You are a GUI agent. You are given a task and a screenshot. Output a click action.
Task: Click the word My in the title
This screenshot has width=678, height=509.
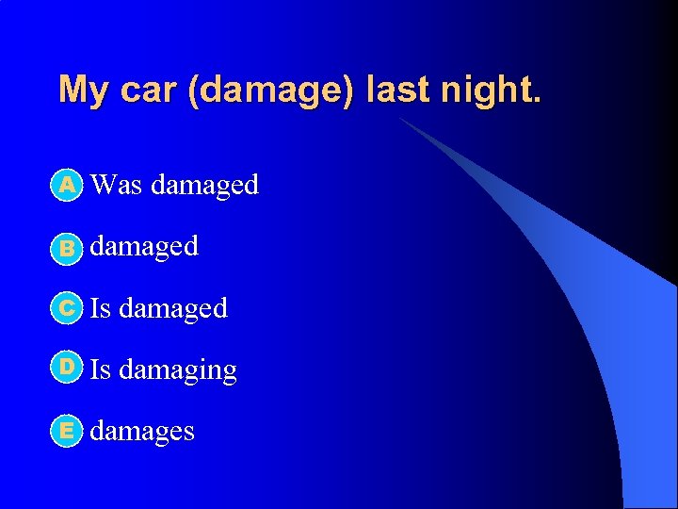[x=81, y=90]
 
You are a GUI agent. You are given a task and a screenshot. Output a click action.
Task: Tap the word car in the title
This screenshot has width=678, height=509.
[x=144, y=90]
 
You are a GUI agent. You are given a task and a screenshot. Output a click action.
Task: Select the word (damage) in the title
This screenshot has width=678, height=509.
[x=269, y=90]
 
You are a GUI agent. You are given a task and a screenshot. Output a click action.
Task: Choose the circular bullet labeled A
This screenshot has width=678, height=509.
[x=67, y=186]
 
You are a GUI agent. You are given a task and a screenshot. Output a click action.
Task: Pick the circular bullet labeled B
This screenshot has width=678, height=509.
[x=67, y=248]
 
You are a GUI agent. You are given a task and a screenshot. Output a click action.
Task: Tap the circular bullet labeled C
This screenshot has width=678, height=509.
[x=67, y=308]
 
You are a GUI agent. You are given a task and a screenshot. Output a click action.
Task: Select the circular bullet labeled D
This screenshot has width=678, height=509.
[x=67, y=369]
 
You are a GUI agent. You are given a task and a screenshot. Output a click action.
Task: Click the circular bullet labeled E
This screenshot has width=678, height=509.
[x=67, y=431]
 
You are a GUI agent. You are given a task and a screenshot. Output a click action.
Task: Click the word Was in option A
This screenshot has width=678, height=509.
[x=117, y=185]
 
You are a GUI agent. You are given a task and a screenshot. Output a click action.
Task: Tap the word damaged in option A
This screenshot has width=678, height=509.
[x=204, y=185]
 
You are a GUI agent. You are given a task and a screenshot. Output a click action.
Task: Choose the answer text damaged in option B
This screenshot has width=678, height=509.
[x=144, y=246]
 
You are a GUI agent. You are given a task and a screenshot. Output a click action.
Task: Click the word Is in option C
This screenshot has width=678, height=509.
[x=100, y=307]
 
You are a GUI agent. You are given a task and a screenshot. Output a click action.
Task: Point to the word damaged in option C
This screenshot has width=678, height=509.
[x=173, y=307]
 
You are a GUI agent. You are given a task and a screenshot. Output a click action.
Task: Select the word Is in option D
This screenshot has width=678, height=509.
[x=100, y=369]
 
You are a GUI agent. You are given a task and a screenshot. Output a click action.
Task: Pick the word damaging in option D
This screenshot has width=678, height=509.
[x=178, y=370]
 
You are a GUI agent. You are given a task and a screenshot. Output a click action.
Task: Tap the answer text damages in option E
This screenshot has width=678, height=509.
[x=142, y=431]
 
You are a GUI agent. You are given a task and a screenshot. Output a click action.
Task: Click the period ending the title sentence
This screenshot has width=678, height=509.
[x=537, y=100]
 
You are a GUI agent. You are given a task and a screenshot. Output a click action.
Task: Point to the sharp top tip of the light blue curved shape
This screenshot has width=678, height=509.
[x=399, y=119]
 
